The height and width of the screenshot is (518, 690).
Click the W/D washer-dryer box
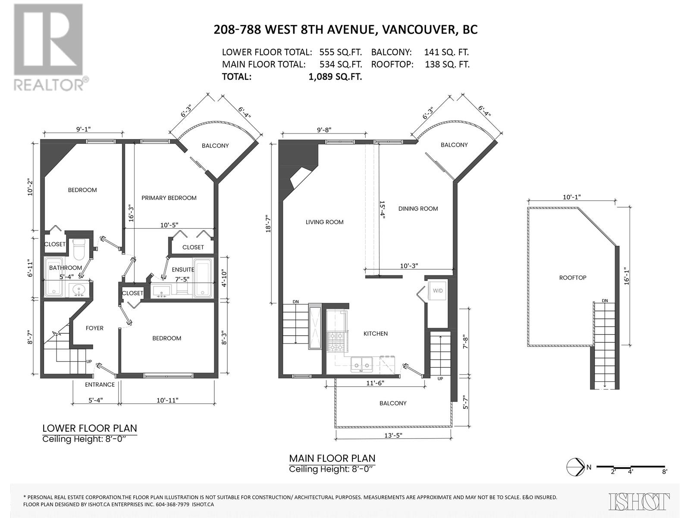point(438,291)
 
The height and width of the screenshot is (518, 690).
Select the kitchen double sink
point(361,364)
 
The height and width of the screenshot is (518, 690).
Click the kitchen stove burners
point(336,342)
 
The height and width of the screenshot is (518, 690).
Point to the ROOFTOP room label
point(573,278)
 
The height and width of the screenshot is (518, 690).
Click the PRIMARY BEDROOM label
point(169,198)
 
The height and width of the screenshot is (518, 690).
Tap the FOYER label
point(94,328)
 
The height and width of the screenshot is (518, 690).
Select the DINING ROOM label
point(418,208)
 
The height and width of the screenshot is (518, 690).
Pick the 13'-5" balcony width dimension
point(392,435)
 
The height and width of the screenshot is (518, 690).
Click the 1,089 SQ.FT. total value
point(335,77)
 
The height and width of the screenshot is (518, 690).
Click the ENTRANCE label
point(100,384)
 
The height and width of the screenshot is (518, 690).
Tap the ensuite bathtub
point(203,278)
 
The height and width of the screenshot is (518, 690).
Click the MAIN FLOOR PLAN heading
point(332,458)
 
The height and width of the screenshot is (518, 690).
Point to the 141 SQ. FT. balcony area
point(446,52)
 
